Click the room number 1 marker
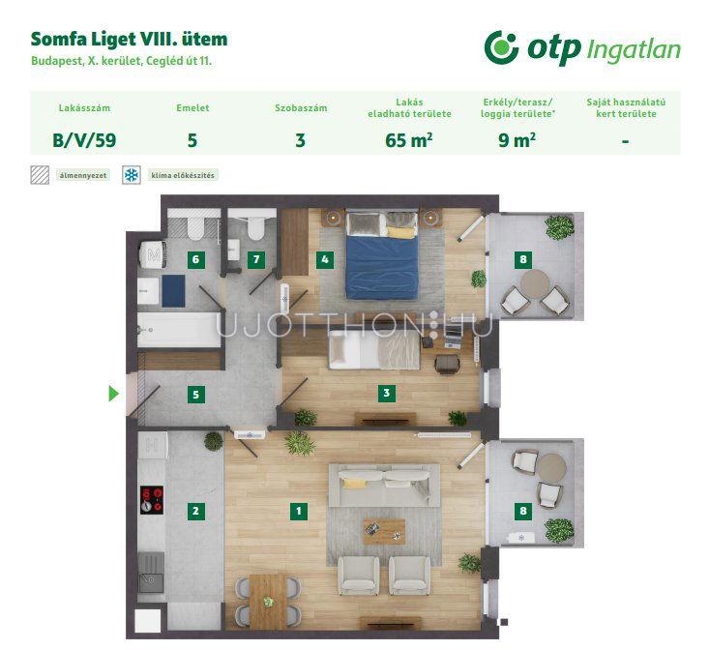pos(299,512)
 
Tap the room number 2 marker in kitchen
pos(195,512)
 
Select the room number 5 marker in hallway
pos(195,394)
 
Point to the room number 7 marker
pos(256,259)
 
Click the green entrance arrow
pos(113,394)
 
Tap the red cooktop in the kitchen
pos(152,500)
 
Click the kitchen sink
pos(152,573)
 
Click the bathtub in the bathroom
pos(179,330)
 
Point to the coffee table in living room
pos(384,531)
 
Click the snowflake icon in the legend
pos(132,175)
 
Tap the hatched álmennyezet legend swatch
pos(40,175)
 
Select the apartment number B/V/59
pos(84,140)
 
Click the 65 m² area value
pos(409,140)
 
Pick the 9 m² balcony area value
pos(517,140)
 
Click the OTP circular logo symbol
pos(501,48)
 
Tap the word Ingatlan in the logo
pos(633,50)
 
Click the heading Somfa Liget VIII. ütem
pos(129,40)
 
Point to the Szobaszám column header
pos(301,108)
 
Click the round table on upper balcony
pos(535,283)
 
